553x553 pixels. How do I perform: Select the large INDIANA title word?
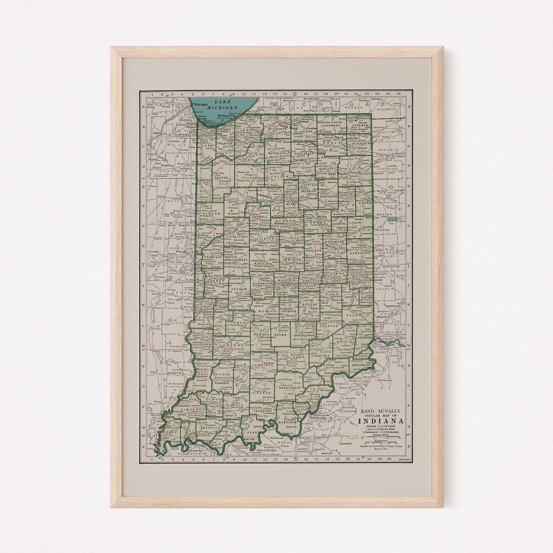(x=381, y=421)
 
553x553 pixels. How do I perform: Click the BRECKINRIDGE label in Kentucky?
(x=269, y=450)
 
